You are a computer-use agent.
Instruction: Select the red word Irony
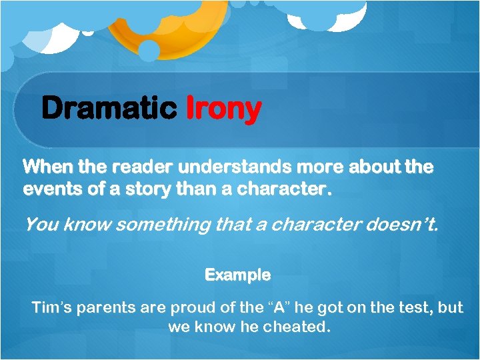pos(223,108)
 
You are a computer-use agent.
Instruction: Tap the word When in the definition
pos(43,167)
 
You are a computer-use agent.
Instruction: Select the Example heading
pos(237,275)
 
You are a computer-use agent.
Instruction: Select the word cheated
pos(299,328)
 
